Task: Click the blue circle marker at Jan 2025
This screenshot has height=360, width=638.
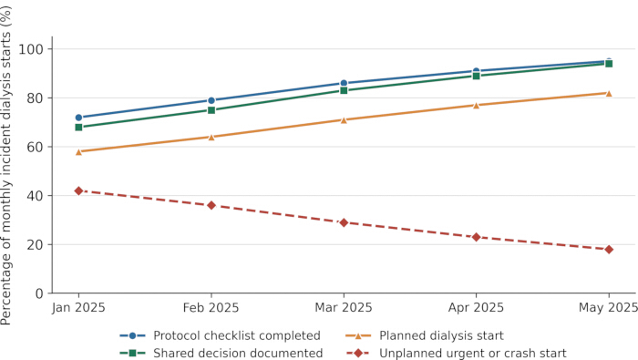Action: click(x=79, y=118)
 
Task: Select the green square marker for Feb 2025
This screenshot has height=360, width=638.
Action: click(x=211, y=110)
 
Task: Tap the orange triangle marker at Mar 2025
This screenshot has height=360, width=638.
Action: click(x=344, y=120)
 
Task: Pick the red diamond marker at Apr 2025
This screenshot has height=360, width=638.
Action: click(x=477, y=237)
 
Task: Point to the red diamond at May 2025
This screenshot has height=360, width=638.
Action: click(x=609, y=250)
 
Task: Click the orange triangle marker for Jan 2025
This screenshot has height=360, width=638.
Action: click(x=79, y=151)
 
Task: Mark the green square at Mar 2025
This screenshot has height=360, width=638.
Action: click(x=344, y=90)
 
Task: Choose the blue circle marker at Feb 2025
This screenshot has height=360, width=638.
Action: click(x=211, y=100)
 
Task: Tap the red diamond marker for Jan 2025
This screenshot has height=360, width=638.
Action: click(x=79, y=190)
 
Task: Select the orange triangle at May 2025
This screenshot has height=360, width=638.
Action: click(x=609, y=93)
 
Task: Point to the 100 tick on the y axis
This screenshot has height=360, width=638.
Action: click(x=31, y=49)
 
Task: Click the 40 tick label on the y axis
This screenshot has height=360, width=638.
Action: click(x=35, y=196)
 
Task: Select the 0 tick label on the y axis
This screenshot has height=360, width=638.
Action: click(x=39, y=293)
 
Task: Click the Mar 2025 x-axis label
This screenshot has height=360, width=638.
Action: click(x=344, y=307)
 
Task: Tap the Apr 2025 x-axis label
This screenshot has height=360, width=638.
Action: click(x=477, y=307)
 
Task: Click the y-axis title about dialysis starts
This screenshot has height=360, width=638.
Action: click(x=6, y=166)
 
